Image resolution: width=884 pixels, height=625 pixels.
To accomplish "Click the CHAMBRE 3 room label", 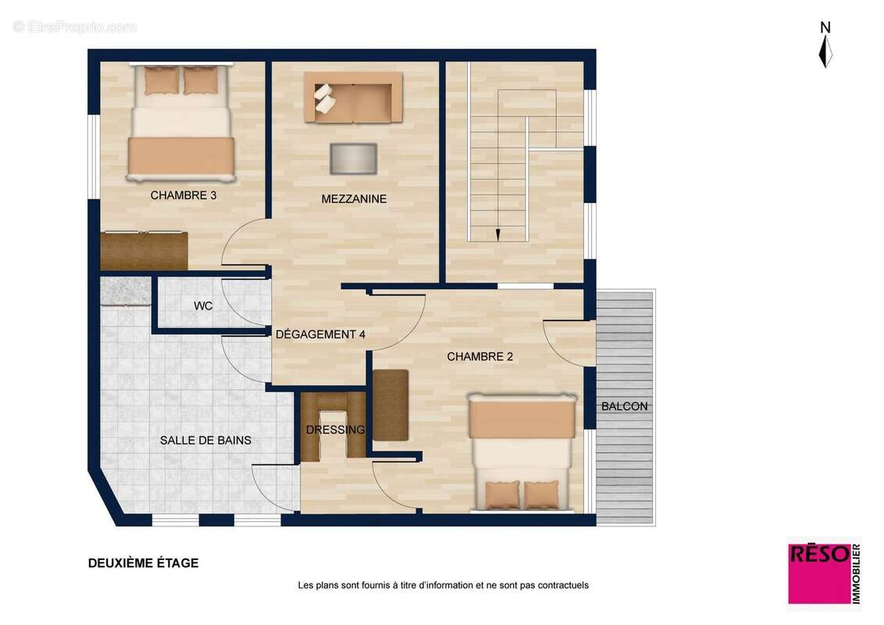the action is [184, 195].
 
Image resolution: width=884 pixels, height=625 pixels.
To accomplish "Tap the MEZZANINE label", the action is [354, 198].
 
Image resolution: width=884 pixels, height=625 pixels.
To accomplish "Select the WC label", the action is [203, 305].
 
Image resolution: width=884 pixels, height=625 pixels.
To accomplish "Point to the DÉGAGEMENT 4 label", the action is [320, 334].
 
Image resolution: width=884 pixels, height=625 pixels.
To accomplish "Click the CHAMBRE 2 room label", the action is [479, 356].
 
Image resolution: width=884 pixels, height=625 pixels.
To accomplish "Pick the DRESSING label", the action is [336, 430].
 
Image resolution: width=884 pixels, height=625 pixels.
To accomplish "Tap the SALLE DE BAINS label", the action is [205, 440].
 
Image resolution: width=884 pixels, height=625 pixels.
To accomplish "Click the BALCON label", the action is [624, 406].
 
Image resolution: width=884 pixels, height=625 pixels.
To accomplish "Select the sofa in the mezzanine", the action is [354, 96].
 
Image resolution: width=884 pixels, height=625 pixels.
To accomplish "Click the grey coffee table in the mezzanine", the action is [354, 159].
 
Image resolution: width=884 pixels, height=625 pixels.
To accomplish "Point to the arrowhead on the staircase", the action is [497, 235].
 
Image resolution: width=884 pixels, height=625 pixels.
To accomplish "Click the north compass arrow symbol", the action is [825, 52].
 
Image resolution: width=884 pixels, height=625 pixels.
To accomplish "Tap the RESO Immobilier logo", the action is [824, 573].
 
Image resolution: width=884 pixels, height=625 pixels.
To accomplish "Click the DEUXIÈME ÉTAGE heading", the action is [143, 563].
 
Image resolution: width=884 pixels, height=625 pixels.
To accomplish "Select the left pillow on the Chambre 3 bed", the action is [161, 80].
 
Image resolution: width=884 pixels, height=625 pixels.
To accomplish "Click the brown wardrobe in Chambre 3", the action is [144, 251].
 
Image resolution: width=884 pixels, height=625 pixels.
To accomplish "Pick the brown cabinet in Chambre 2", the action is [390, 405].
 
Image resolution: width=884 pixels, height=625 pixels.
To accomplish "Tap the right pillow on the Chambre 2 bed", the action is [542, 495].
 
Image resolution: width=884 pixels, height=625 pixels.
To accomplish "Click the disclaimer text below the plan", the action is [443, 585].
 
